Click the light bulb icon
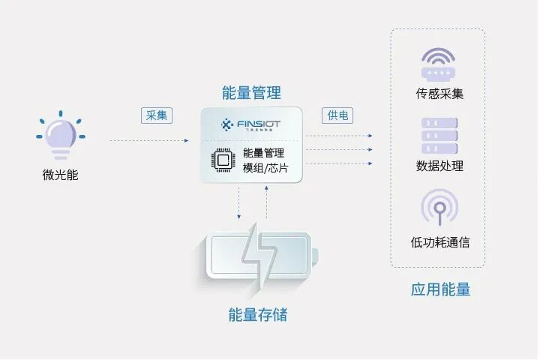pyautogui.click(x=61, y=137)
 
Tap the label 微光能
pyautogui.click(x=61, y=175)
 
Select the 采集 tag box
pyautogui.click(x=157, y=115)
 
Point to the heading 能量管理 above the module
pyautogui.click(x=251, y=93)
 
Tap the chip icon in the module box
pyautogui.click(x=223, y=160)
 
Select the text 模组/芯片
pyautogui.click(x=265, y=167)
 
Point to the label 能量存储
pyautogui.click(x=258, y=314)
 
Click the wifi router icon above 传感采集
pyautogui.click(x=439, y=66)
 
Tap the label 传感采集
pyautogui.click(x=439, y=94)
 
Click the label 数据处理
pyautogui.click(x=439, y=166)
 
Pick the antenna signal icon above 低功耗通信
pyautogui.click(x=439, y=207)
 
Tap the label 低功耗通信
pyautogui.click(x=439, y=242)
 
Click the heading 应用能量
pyautogui.click(x=440, y=289)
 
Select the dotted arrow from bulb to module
pyautogui.click(x=150, y=140)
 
